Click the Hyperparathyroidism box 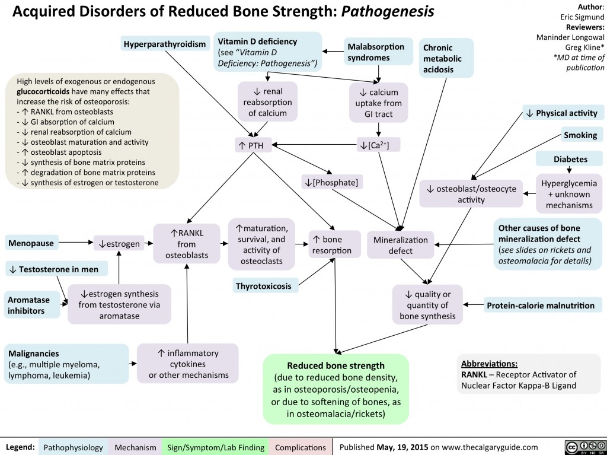tap(165, 43)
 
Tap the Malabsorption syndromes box tap(376, 52)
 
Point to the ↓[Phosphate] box tap(330, 180)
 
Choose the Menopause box tap(31, 243)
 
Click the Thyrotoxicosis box tap(263, 287)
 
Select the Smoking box tap(580, 135)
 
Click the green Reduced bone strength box tap(336, 389)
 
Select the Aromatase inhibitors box tap(31, 306)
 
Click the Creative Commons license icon tap(581, 446)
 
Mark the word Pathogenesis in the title tap(388, 11)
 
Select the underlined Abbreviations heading tap(490, 363)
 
